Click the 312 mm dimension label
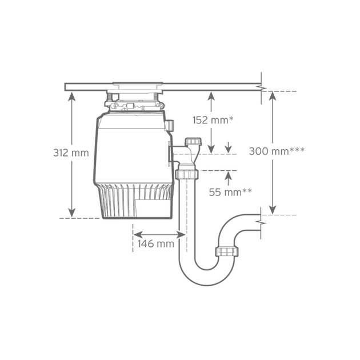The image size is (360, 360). pos(71,153)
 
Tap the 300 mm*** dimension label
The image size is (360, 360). pos(277,151)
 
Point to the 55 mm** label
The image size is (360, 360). pos(230,192)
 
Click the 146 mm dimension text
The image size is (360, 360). pos(155,244)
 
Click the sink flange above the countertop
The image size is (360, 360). pos(137,83)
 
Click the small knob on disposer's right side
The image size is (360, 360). pos(170,125)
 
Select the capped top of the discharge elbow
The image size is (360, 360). pos(194,141)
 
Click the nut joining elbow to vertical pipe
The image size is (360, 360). pos(187,173)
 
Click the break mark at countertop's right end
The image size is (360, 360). pos(262,87)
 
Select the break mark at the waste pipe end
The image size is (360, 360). pos(262,219)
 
